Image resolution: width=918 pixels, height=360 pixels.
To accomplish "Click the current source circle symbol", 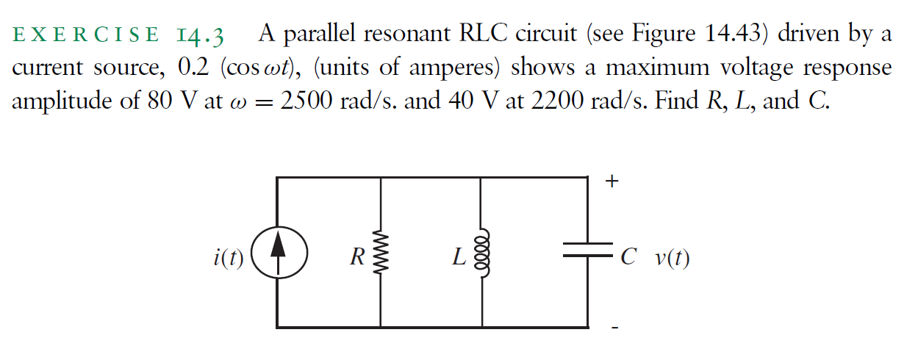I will click(x=277, y=256).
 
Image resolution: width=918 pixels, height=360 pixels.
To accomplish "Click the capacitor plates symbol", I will click(x=588, y=251).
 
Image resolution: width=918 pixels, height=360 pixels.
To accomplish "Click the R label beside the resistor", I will click(x=357, y=258).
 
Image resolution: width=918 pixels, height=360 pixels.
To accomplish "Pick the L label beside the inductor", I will click(x=459, y=258).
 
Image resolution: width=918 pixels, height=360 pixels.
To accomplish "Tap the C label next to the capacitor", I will click(x=627, y=257).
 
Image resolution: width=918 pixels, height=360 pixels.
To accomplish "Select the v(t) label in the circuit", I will click(x=671, y=258).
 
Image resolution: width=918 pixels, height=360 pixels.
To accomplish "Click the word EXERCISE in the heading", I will click(x=85, y=35).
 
